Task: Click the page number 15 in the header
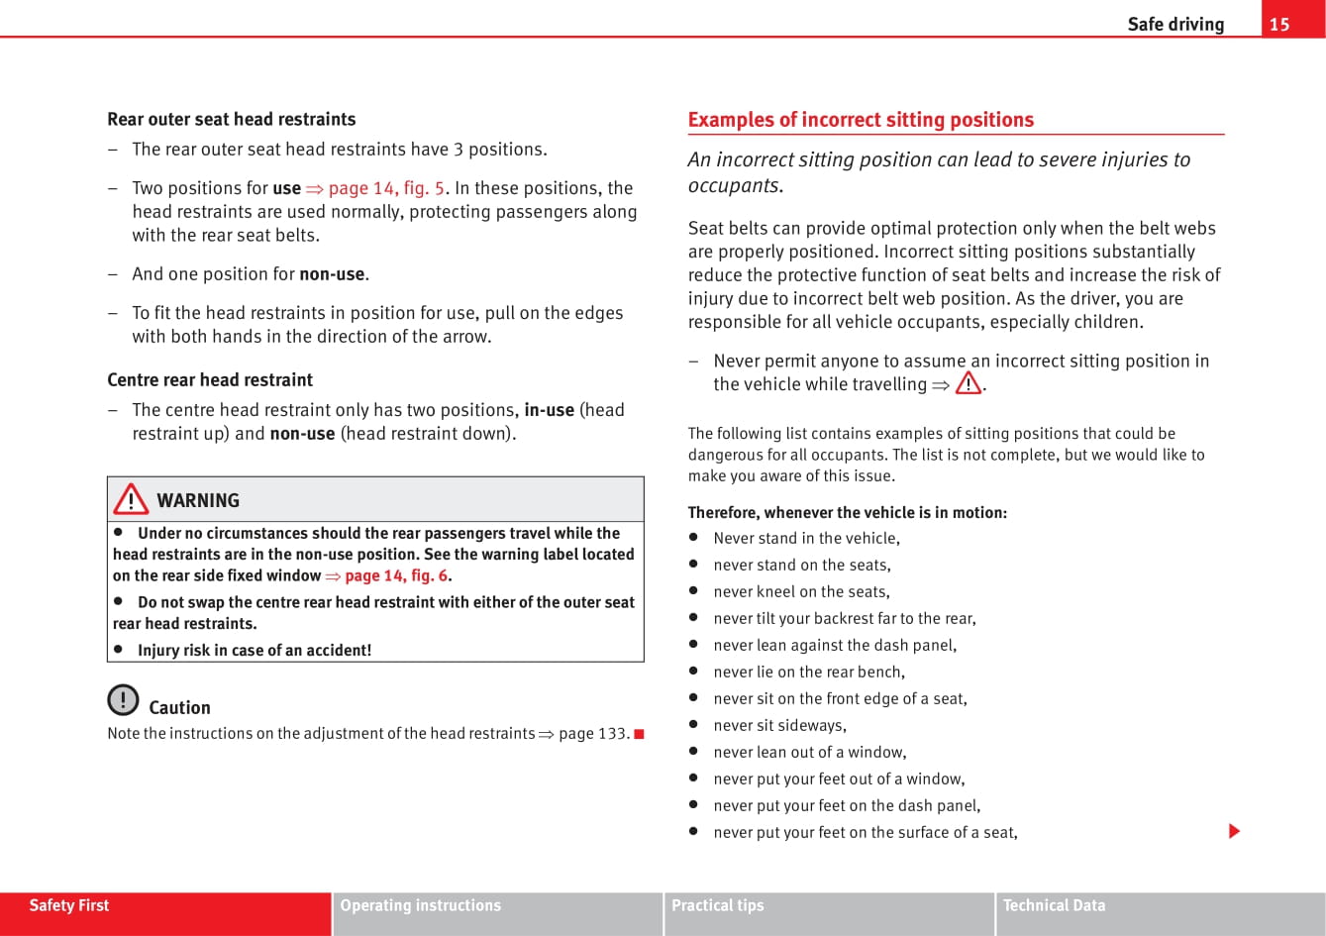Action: click(1279, 24)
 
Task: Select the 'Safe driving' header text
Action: click(1175, 24)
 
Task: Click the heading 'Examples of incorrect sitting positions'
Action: click(860, 120)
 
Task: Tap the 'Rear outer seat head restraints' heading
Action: click(231, 119)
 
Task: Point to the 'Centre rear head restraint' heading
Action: click(210, 379)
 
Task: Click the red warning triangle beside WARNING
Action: click(131, 499)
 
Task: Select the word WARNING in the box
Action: click(198, 500)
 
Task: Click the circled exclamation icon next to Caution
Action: click(123, 700)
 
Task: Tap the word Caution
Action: click(179, 707)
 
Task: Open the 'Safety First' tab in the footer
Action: click(69, 905)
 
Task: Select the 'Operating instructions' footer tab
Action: click(421, 905)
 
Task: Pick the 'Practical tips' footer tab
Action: click(718, 905)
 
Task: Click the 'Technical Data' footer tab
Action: click(1054, 905)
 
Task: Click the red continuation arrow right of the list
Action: click(1234, 831)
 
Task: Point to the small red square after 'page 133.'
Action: click(639, 734)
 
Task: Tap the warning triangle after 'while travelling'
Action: click(969, 383)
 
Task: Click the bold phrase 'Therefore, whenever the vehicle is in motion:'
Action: click(847, 512)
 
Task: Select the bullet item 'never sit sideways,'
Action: click(779, 725)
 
